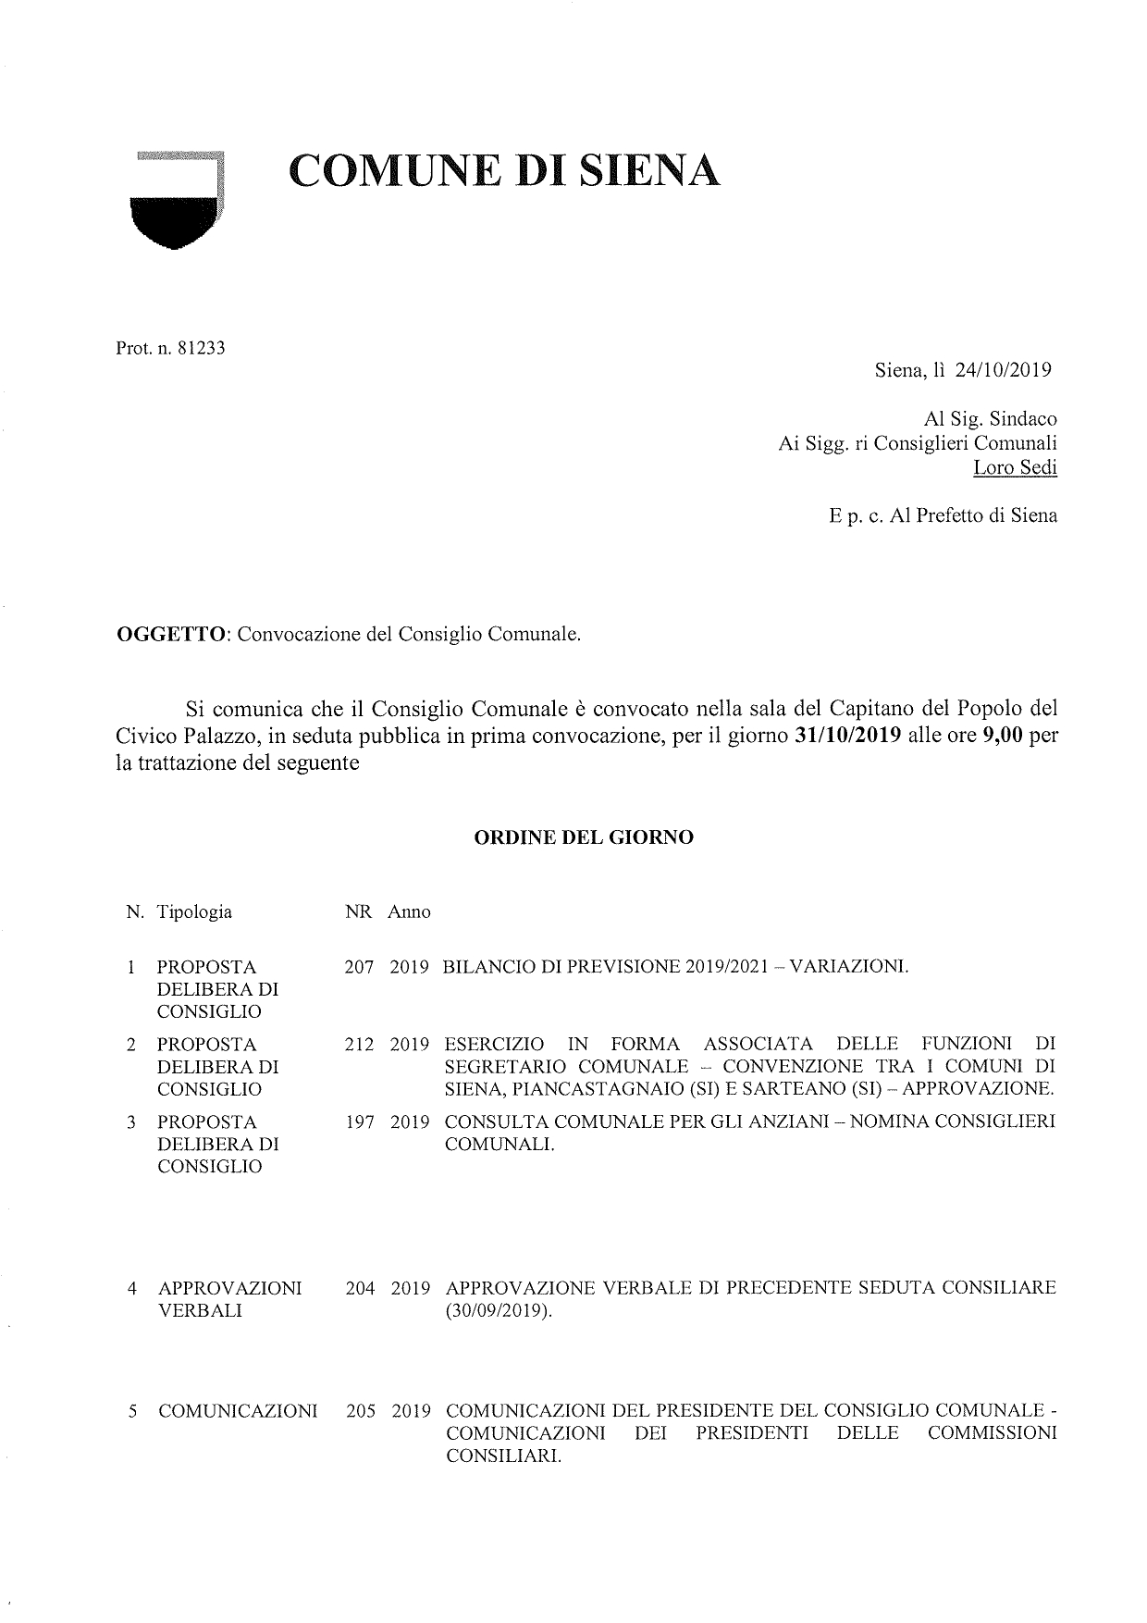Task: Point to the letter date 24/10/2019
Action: coord(1004,370)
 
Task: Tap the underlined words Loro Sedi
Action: coord(1015,467)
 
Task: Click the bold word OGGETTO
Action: coord(172,635)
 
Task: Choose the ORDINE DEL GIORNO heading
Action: coord(584,838)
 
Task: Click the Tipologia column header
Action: coord(194,912)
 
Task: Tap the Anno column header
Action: coord(409,912)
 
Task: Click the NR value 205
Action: coord(360,1412)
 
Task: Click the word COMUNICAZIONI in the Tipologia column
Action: coord(238,1412)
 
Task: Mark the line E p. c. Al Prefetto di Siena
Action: coord(943,515)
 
